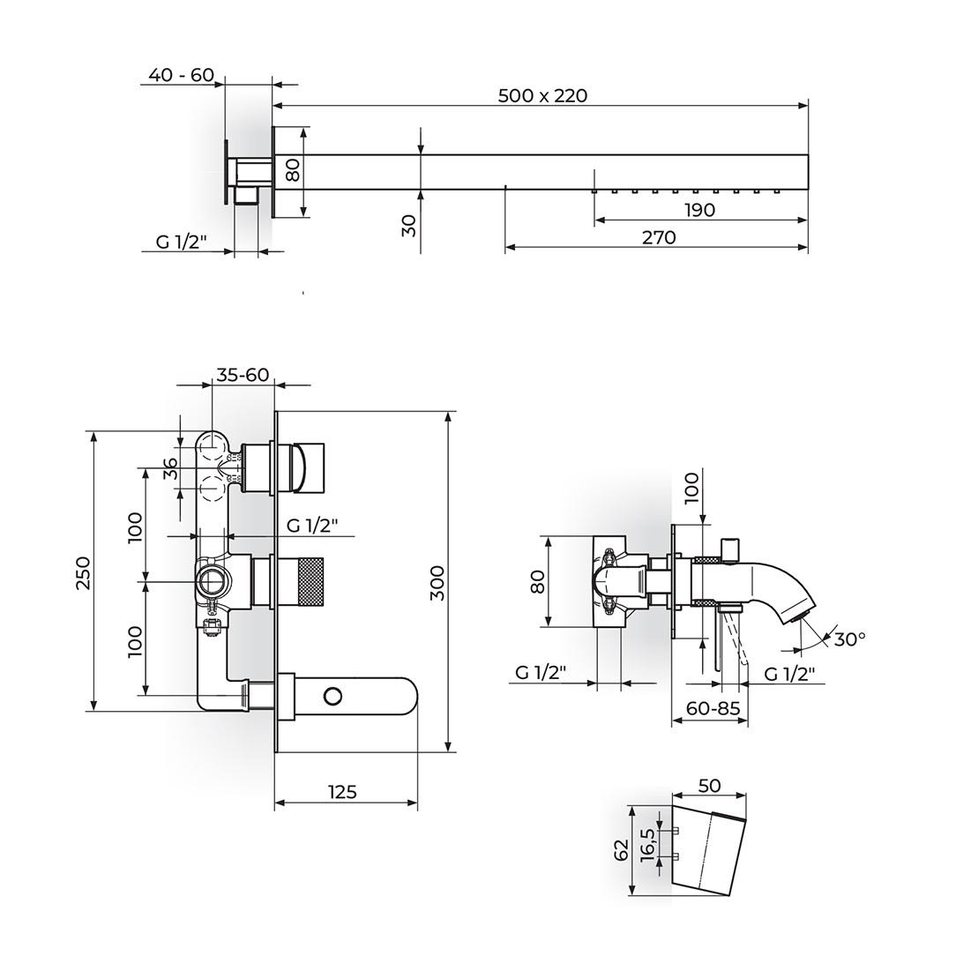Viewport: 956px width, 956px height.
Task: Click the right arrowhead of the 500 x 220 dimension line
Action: pyautogui.click(x=803, y=106)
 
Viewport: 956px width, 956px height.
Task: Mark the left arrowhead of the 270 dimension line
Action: pyautogui.click(x=511, y=247)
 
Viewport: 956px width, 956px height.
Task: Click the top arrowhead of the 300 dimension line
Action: pyautogui.click(x=448, y=417)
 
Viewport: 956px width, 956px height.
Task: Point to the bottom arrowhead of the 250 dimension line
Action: pyautogui.click(x=93, y=706)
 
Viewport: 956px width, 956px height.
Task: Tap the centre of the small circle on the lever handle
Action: pyautogui.click(x=332, y=696)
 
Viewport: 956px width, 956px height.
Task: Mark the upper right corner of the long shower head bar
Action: pyautogui.click(x=808, y=155)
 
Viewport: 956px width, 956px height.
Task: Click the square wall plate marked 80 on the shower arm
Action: pyautogui.click(x=273, y=172)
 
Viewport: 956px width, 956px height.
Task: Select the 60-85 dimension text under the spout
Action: pyautogui.click(x=713, y=708)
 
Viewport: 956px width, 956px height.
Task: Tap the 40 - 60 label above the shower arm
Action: pyautogui.click(x=181, y=74)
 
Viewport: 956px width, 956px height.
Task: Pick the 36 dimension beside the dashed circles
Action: pyautogui.click(x=171, y=469)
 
